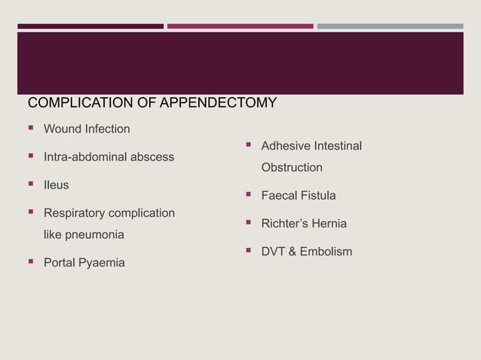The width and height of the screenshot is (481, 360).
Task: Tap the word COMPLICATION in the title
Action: coord(72,103)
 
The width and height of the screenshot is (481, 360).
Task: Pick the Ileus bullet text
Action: coord(56,185)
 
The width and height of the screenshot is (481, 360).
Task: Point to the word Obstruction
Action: coord(292,167)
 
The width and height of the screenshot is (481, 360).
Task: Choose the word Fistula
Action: coord(317,196)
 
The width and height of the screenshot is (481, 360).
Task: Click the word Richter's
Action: coord(286,224)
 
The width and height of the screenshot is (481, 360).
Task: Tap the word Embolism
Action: coord(326,252)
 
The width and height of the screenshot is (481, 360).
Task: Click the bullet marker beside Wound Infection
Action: coord(32,129)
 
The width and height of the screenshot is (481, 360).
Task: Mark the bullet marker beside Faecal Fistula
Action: coord(249,196)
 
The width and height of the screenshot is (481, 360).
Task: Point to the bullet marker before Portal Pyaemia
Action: coord(32,263)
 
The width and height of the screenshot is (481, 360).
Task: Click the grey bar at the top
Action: coord(390,26)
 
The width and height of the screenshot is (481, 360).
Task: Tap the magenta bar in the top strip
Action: coord(240,26)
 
